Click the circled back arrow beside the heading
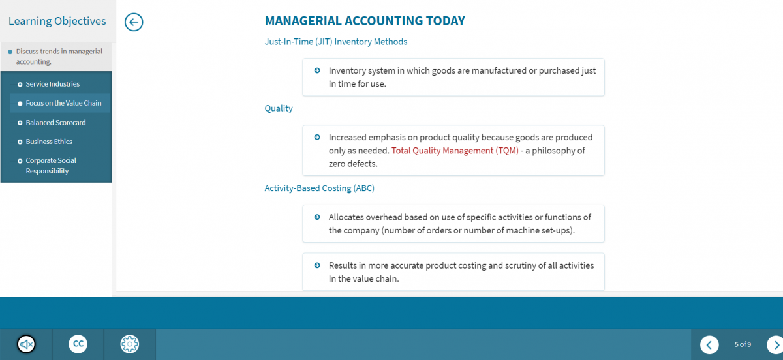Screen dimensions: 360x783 point(134,22)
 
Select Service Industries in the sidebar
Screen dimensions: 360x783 point(52,84)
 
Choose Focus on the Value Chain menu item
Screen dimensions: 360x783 point(63,103)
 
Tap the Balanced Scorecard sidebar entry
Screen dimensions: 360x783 point(55,123)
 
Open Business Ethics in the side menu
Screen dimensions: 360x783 point(49,142)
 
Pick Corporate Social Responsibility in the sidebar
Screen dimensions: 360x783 point(51,166)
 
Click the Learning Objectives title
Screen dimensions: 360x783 point(57,21)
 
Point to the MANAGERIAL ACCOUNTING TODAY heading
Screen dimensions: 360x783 point(365,21)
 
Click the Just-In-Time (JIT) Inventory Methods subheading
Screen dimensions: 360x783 point(335,42)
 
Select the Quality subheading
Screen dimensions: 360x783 point(279,108)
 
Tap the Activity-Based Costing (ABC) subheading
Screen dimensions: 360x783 point(319,188)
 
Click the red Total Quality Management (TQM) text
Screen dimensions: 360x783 point(455,151)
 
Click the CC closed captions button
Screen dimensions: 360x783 point(78,344)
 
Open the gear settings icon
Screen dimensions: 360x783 point(130,344)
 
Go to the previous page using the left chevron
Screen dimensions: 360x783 point(709,344)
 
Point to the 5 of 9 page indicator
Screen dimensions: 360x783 point(743,344)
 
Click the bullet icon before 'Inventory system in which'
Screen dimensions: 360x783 point(317,70)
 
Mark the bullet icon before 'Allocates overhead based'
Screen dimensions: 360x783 point(317,217)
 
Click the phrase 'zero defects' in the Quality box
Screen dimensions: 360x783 point(353,164)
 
